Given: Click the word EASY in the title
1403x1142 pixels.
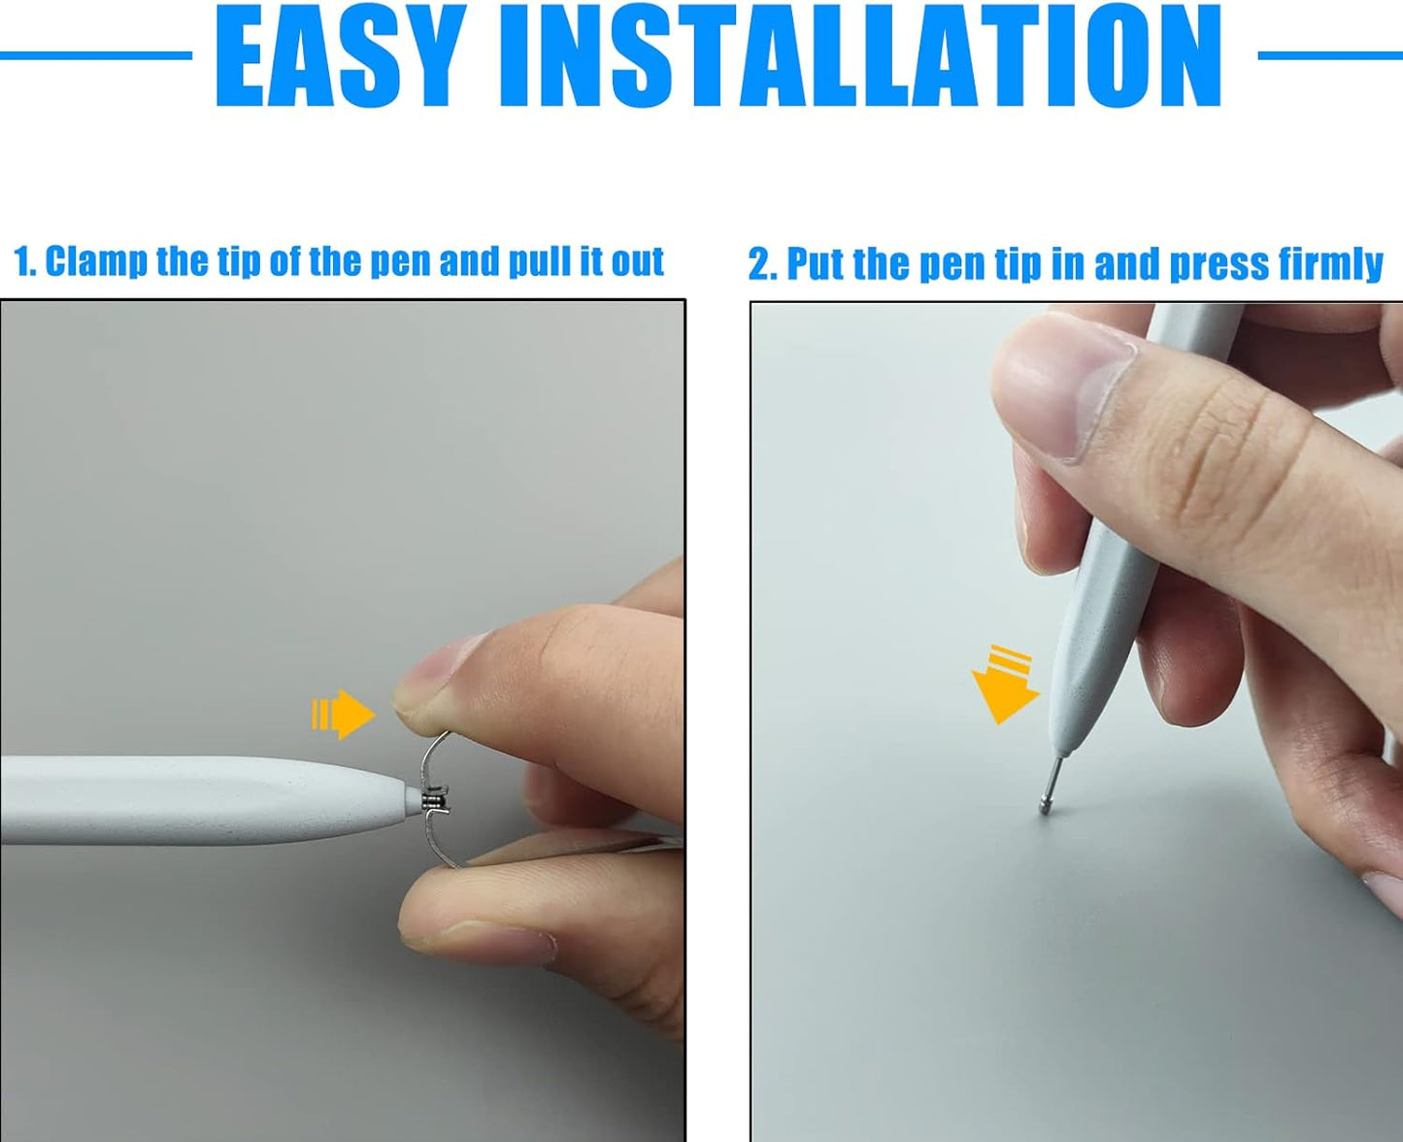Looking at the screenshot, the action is (x=337, y=55).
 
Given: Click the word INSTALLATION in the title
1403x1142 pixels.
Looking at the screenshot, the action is (x=861, y=55).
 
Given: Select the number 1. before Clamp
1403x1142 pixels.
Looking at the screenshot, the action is (x=25, y=262).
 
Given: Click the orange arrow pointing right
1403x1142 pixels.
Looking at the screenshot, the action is (x=343, y=714).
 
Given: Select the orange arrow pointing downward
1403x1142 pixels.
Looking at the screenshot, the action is (x=1005, y=685).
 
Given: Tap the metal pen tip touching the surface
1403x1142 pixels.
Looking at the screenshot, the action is (x=1052, y=785).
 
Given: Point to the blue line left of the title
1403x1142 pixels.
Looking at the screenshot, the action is (x=96, y=56).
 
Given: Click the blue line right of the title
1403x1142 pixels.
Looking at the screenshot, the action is (x=1330, y=56).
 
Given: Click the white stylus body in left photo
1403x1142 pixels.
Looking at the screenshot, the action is (x=204, y=799).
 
